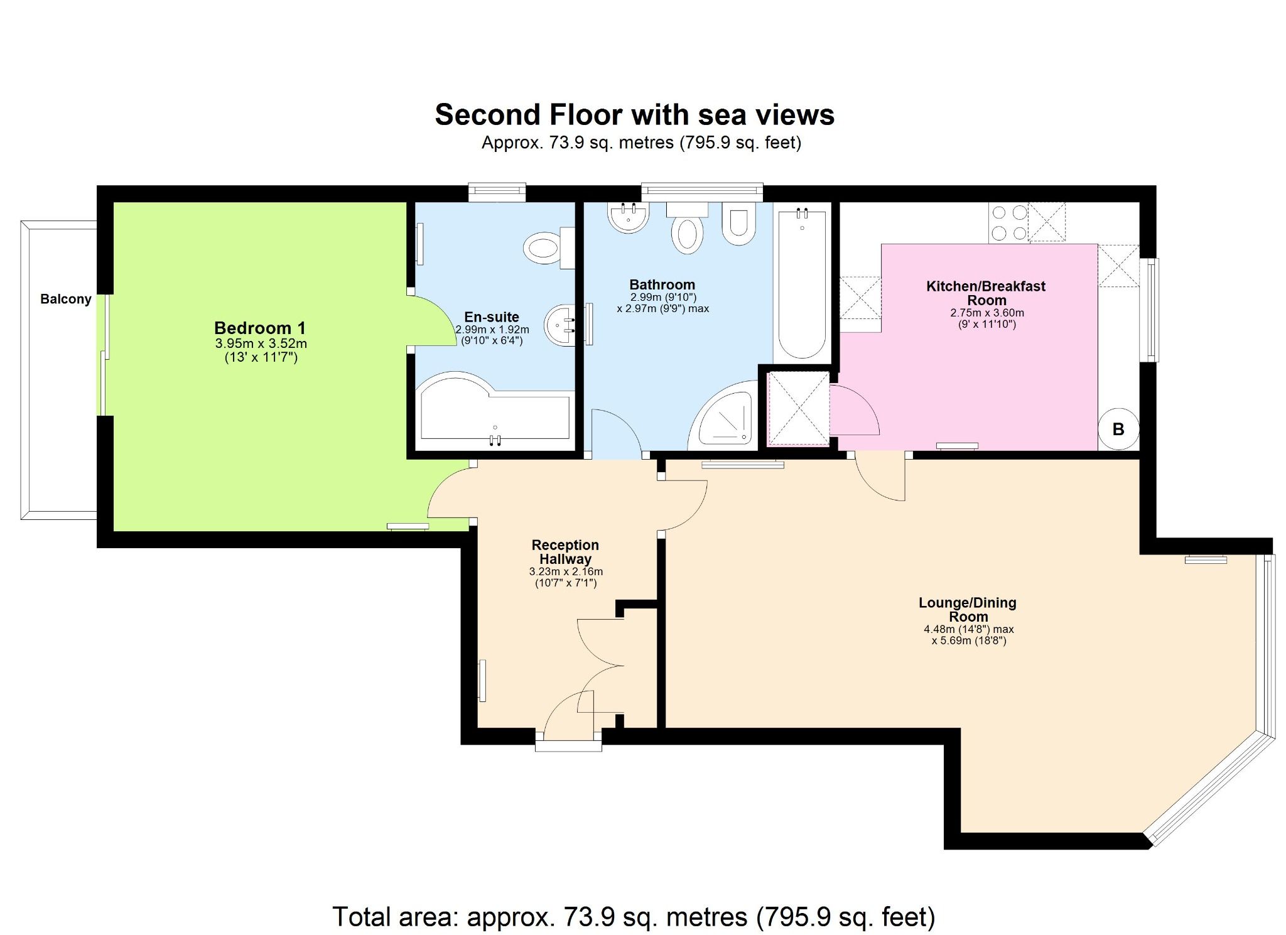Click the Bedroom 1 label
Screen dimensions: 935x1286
coord(259,328)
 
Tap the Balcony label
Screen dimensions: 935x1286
coord(66,299)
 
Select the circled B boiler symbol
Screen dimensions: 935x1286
coord(1118,429)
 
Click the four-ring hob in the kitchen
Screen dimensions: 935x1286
coord(1008,222)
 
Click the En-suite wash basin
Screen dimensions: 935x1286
coord(559,325)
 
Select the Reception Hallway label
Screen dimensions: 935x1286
coord(565,552)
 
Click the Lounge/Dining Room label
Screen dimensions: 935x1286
coord(967,609)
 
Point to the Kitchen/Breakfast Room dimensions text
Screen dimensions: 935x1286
coord(986,318)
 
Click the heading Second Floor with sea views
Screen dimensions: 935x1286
coord(634,115)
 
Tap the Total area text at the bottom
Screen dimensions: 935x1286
coord(634,917)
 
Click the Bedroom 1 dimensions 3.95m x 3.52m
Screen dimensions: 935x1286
coord(261,343)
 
